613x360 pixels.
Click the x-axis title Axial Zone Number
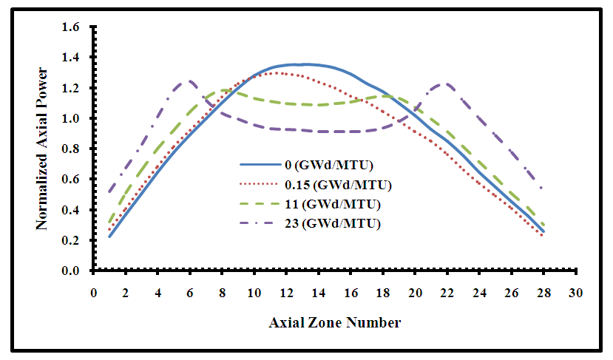point(334,322)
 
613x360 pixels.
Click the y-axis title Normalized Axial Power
point(42,149)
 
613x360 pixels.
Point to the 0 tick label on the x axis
point(94,293)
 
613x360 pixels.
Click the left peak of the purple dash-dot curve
point(190,81)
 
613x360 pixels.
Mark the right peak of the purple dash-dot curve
point(446,84)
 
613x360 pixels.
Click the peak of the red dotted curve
point(277,72)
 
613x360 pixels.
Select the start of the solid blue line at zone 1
point(110,237)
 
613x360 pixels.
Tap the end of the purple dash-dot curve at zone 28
point(543,189)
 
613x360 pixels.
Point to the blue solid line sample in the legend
point(256,166)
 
